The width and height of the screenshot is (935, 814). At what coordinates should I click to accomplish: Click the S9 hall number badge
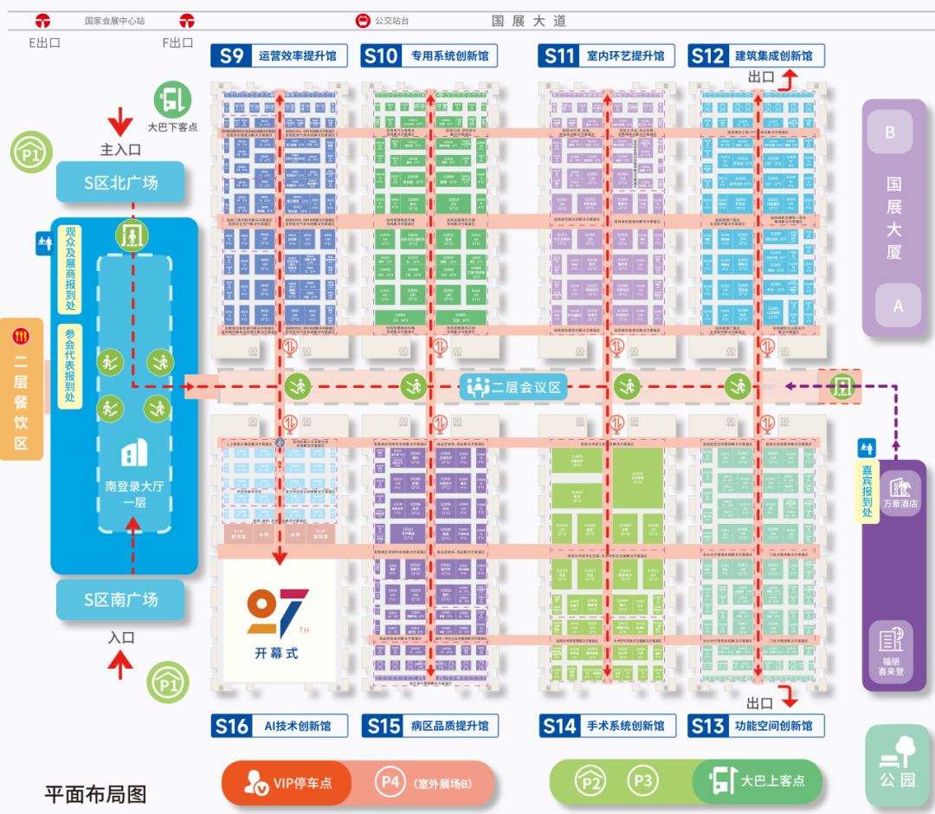[231, 56]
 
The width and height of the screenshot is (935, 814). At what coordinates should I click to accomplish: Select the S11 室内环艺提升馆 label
[625, 56]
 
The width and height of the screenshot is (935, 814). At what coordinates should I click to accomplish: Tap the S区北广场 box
[120, 183]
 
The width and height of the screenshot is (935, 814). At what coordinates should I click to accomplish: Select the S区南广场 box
[120, 599]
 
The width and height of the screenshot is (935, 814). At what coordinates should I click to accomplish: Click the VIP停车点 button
[287, 784]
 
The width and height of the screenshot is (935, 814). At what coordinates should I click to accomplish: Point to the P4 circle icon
[390, 782]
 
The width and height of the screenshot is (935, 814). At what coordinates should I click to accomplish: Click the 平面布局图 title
[95, 793]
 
